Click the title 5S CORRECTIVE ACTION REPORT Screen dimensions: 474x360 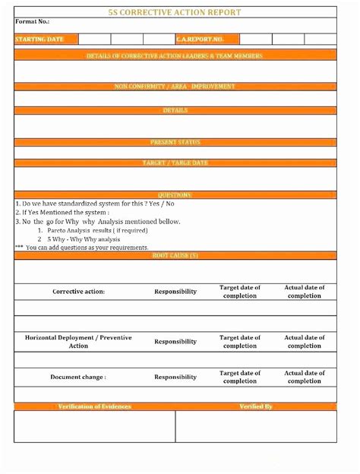(175, 12)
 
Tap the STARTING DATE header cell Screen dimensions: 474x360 (39, 39)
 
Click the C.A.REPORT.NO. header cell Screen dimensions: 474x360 (200, 39)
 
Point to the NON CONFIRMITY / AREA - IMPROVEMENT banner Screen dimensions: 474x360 (175, 87)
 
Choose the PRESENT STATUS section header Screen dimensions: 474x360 (175, 142)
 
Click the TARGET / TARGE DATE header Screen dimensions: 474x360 (175, 163)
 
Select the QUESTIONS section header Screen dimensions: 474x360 (175, 195)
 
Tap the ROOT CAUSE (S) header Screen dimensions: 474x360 (175, 255)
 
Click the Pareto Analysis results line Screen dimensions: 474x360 (97, 229)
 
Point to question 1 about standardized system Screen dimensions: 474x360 (95, 204)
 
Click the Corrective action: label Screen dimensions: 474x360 (78, 292)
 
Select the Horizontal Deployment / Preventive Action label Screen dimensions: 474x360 (78, 341)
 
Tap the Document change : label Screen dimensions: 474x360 (78, 377)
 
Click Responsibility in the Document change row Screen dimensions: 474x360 (175, 377)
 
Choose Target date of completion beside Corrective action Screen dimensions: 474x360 (240, 292)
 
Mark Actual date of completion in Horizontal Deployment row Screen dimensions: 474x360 (305, 341)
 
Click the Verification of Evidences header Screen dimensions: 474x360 (95, 406)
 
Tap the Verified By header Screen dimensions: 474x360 (256, 406)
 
